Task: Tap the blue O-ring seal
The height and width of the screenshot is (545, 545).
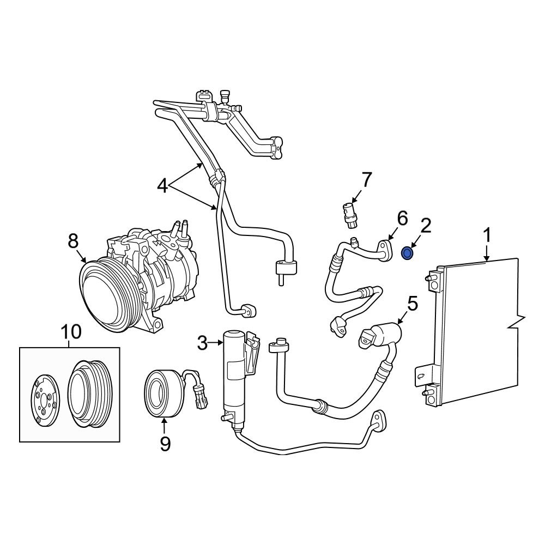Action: [407, 253]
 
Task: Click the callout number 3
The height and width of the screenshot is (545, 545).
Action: [202, 343]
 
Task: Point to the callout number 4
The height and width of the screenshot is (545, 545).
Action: [162, 186]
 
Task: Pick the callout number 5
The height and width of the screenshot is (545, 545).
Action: [413, 304]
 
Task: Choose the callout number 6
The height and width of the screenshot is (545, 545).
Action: [402, 219]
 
